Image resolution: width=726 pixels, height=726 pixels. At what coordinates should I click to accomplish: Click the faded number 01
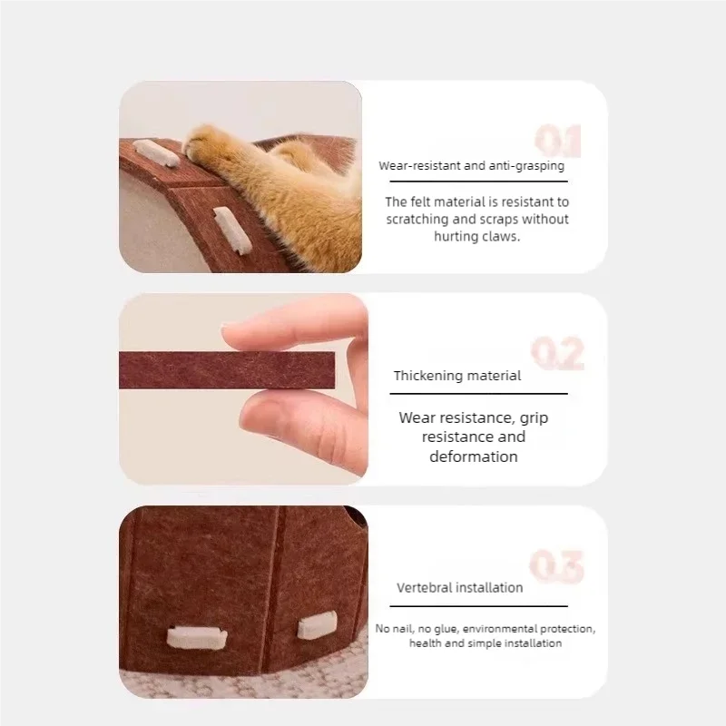click(x=557, y=141)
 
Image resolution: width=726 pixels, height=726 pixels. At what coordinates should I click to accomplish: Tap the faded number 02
click(x=557, y=353)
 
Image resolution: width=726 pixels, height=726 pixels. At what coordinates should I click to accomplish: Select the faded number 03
click(x=556, y=566)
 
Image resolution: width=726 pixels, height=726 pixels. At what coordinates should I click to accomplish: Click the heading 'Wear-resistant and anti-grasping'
click(x=471, y=166)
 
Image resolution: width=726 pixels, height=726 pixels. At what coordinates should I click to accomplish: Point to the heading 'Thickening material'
click(x=457, y=376)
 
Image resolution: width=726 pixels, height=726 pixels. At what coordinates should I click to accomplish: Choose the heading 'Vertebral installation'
click(x=460, y=587)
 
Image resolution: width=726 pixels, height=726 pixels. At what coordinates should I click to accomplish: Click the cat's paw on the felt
click(x=202, y=142)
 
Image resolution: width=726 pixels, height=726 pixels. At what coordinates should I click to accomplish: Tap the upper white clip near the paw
click(x=155, y=152)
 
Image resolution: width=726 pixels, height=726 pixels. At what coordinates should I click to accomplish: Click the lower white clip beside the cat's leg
click(x=232, y=231)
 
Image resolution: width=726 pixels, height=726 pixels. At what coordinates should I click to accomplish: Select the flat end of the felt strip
click(x=333, y=370)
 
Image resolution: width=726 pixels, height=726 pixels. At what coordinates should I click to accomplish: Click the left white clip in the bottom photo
click(x=196, y=638)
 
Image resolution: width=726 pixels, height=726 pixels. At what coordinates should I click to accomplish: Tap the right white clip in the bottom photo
click(x=317, y=624)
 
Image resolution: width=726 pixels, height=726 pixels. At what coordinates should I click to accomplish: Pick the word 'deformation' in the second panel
click(x=474, y=456)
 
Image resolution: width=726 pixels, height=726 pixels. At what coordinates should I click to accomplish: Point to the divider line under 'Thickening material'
click(x=479, y=394)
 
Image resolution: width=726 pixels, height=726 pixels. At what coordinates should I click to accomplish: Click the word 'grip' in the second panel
click(x=534, y=418)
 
